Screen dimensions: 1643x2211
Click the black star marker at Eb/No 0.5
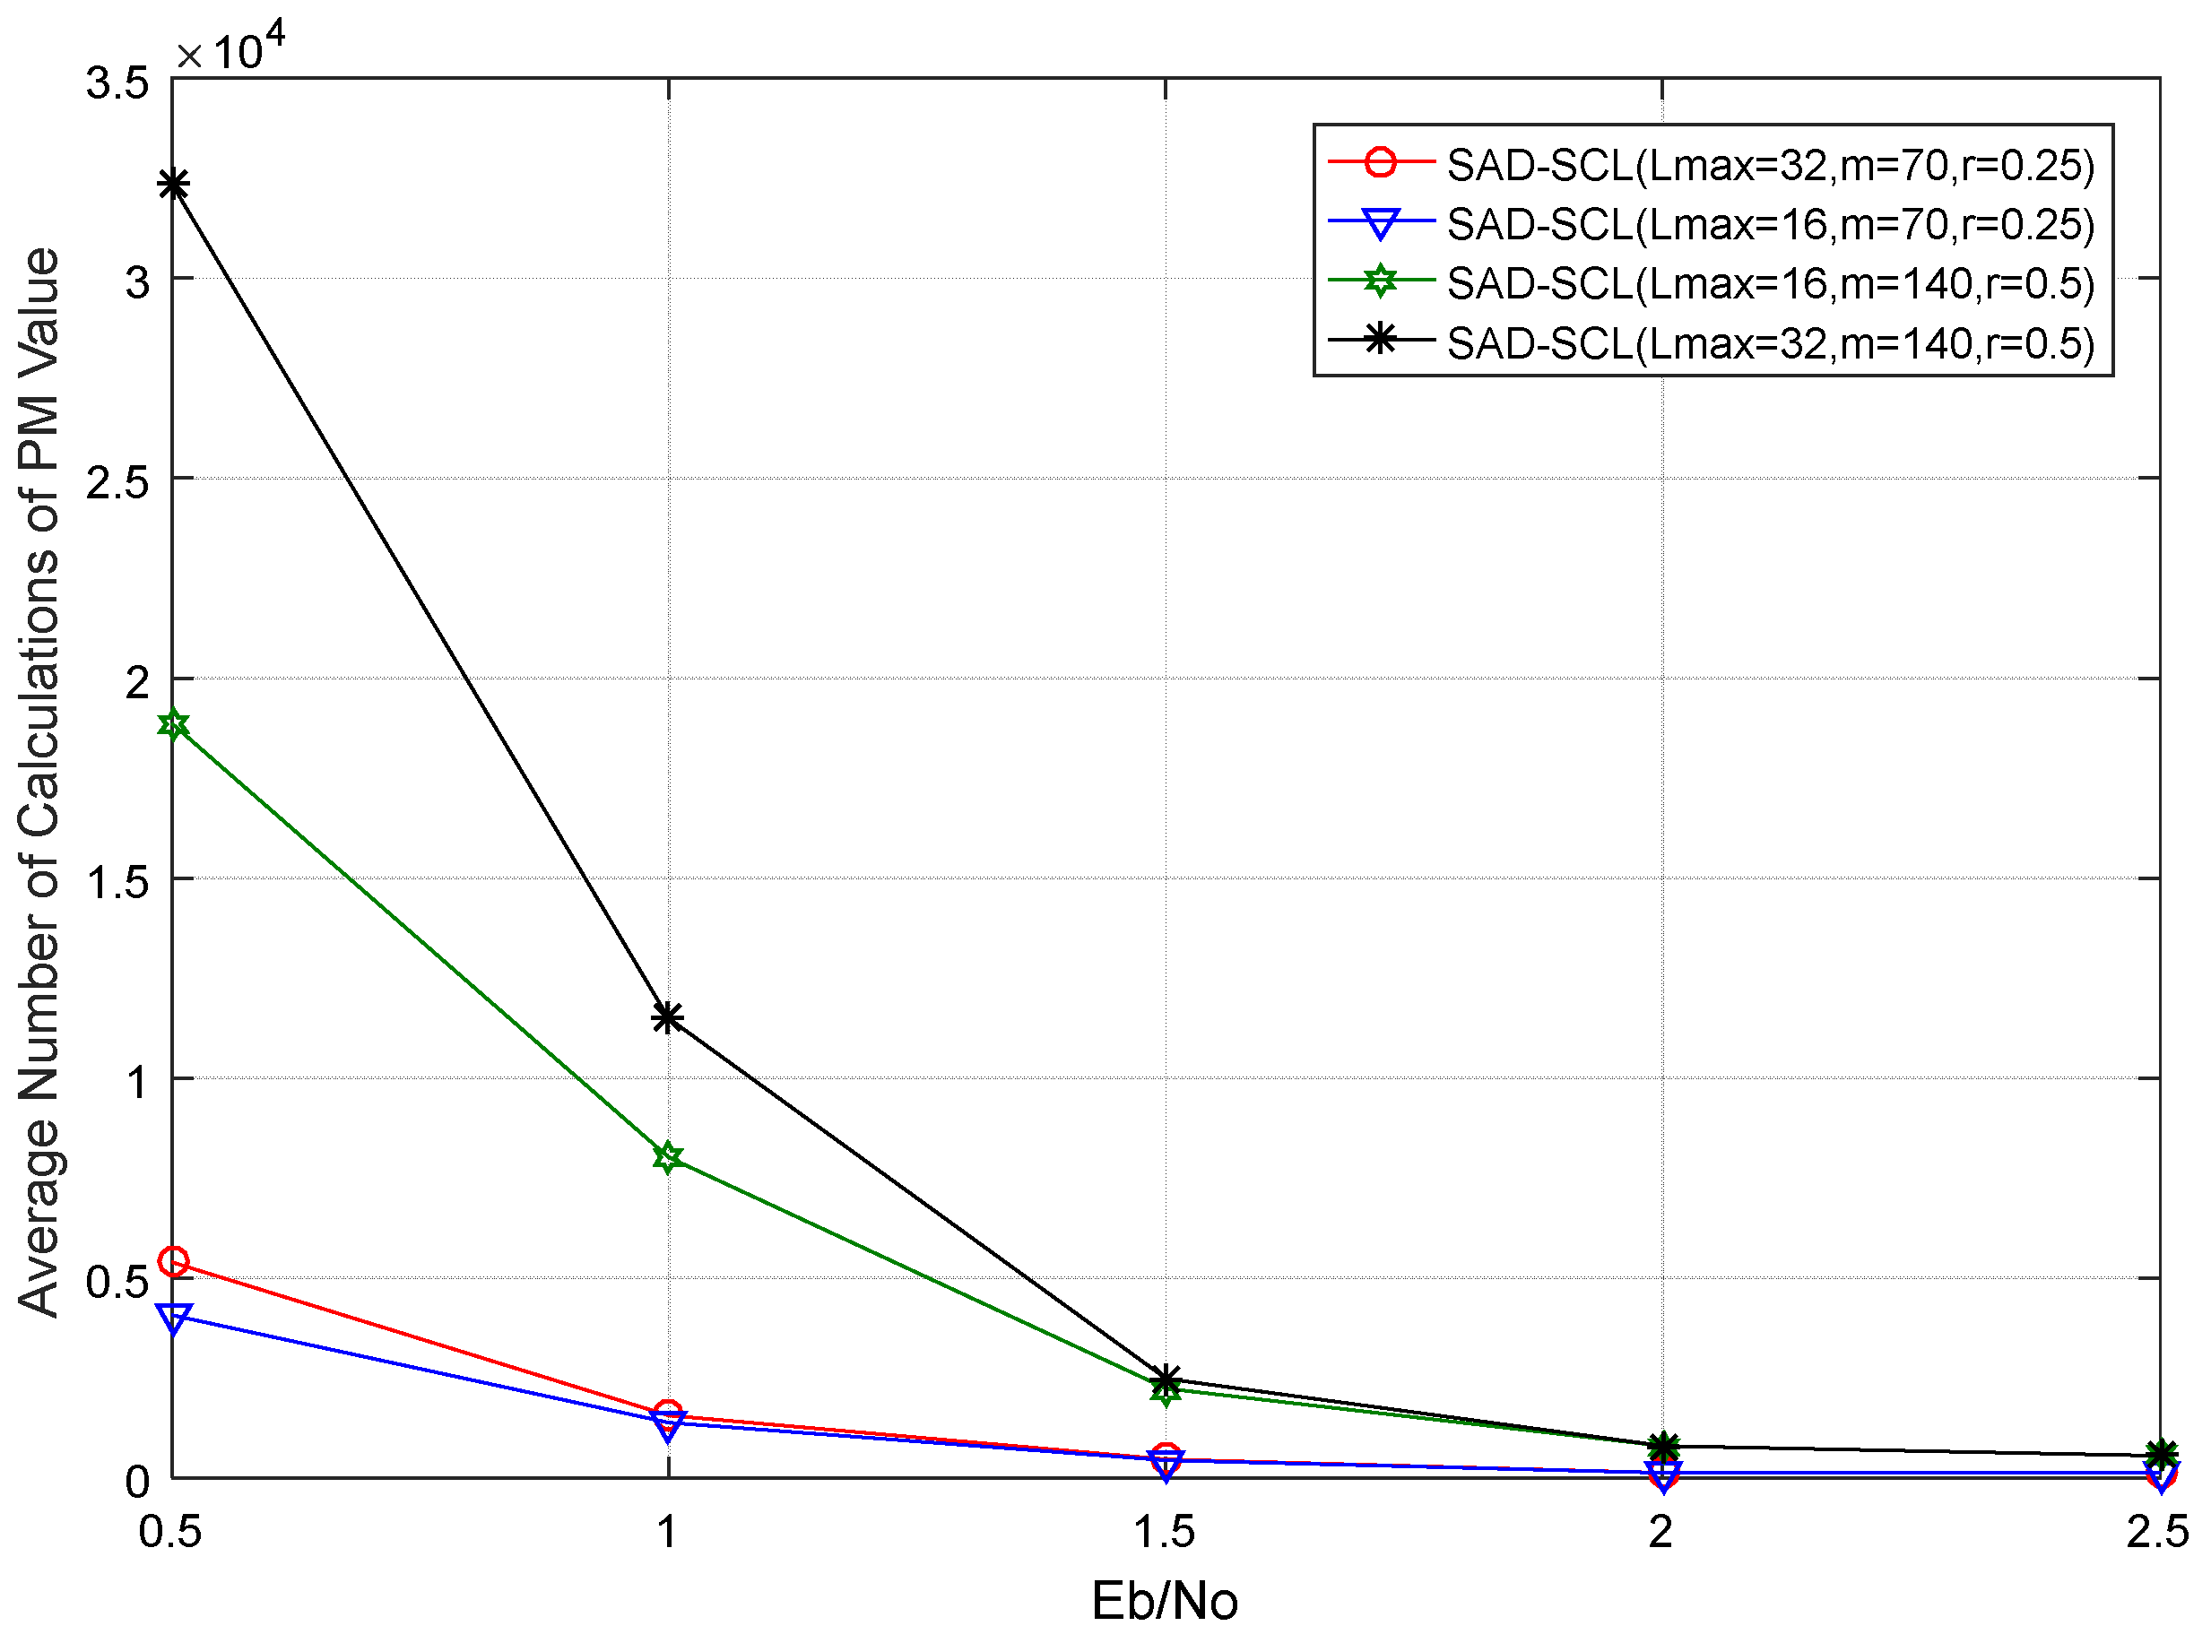[174, 185]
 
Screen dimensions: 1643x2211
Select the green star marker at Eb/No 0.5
[174, 725]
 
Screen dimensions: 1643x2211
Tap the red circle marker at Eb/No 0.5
[174, 1262]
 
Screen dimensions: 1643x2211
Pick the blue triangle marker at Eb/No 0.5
[174, 1319]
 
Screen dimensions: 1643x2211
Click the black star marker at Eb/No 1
[668, 1017]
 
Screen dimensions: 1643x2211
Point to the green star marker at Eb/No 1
[668, 1159]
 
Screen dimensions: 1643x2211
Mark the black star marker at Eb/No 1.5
[1166, 1379]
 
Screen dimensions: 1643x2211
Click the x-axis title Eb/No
[1165, 1601]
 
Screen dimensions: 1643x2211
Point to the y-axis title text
[39, 783]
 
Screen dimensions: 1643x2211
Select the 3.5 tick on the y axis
[117, 83]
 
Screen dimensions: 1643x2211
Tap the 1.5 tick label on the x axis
[1165, 1532]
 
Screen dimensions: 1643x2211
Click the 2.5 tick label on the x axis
[2157, 1532]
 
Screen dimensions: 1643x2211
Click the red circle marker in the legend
[1381, 162]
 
